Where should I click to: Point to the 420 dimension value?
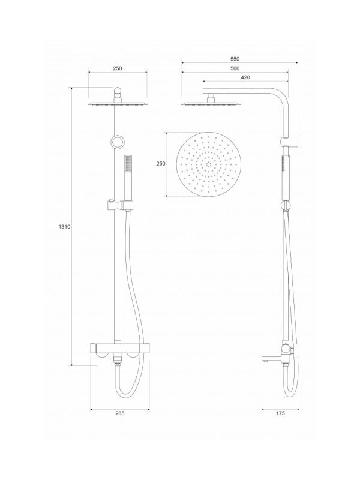244,78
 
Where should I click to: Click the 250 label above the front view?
118,68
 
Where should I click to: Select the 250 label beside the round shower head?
160,164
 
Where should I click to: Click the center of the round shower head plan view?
208,164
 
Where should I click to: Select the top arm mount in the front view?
118,94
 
